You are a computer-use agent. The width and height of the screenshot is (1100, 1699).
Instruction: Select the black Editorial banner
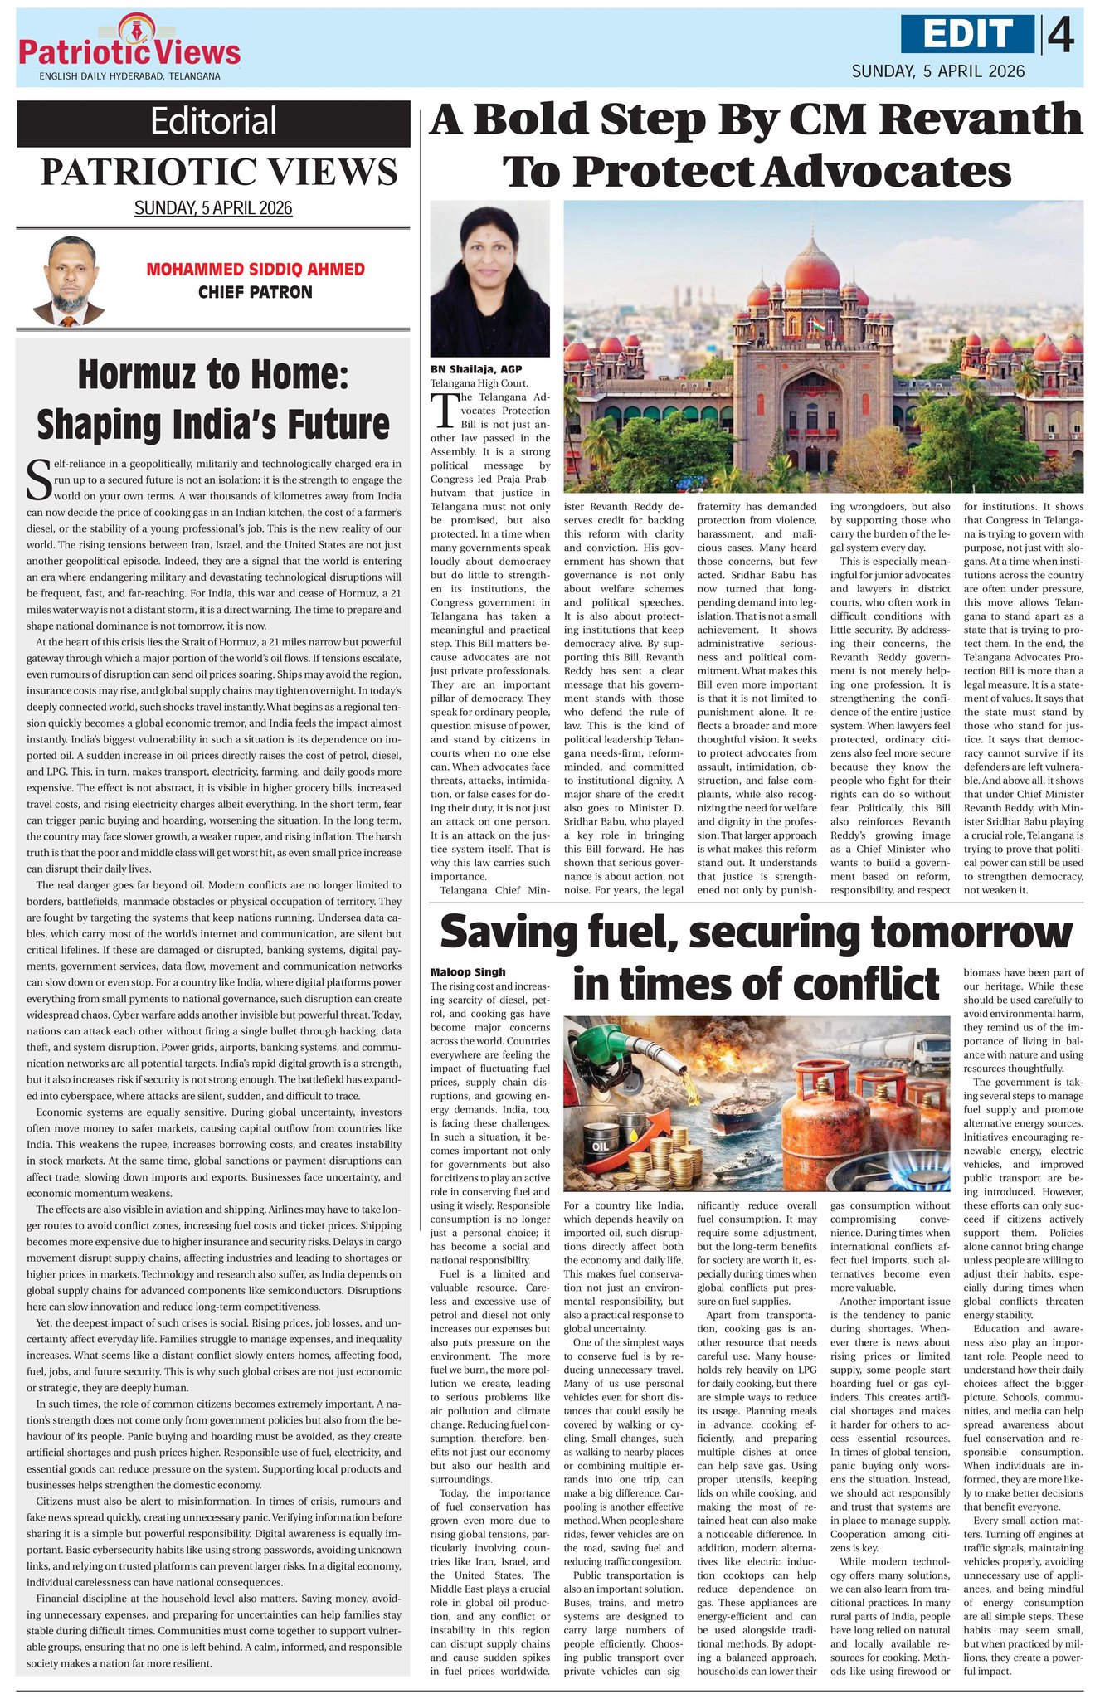point(213,121)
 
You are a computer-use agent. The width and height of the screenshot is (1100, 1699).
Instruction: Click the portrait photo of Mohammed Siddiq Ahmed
point(69,282)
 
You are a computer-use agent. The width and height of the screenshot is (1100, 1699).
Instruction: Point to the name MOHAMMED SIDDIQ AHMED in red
point(256,270)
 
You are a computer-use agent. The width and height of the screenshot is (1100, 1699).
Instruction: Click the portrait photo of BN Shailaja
point(489,279)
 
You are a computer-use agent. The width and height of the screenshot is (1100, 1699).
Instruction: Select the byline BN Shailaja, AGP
point(476,369)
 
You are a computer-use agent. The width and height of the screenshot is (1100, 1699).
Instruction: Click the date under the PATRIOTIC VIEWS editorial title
point(213,207)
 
